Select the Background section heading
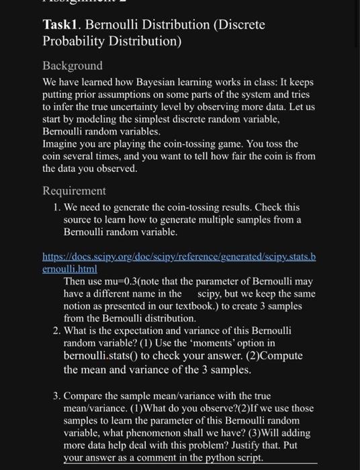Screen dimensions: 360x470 click(x=73, y=66)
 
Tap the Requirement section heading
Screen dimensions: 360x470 click(x=74, y=191)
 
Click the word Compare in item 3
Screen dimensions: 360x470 click(x=86, y=395)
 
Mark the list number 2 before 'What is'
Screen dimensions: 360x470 click(x=56, y=331)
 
